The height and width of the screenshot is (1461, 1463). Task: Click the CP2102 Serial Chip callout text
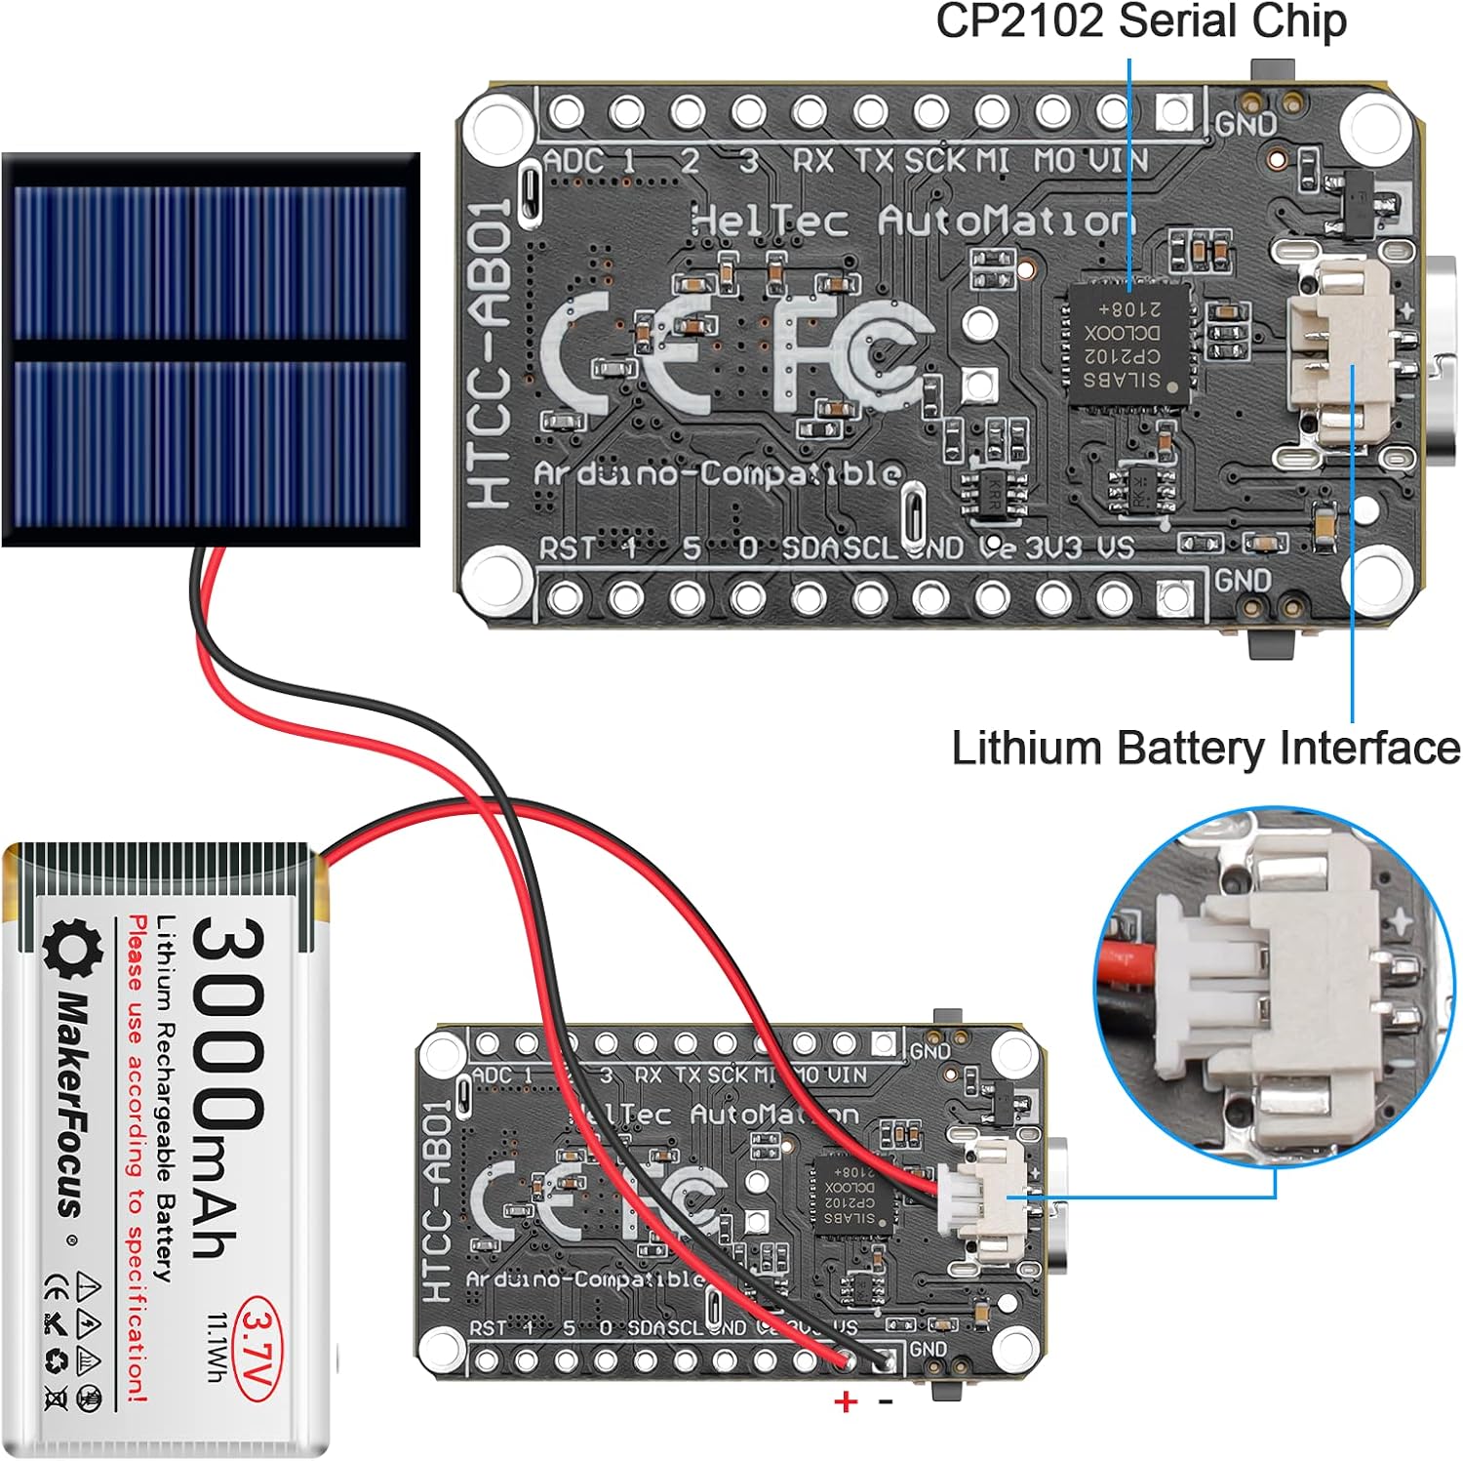tap(1140, 21)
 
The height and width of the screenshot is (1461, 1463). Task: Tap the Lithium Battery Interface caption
tap(1205, 749)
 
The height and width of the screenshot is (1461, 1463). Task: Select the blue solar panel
tap(211, 348)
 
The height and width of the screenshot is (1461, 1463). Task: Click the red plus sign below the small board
tap(846, 1401)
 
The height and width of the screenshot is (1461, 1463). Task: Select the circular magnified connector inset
tap(1273, 986)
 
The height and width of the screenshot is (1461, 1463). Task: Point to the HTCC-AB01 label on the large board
tap(492, 353)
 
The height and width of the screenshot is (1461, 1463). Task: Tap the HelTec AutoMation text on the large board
tap(912, 222)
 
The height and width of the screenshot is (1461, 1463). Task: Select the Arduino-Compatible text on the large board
tap(717, 474)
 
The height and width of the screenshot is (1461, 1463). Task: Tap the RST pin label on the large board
tap(566, 548)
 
